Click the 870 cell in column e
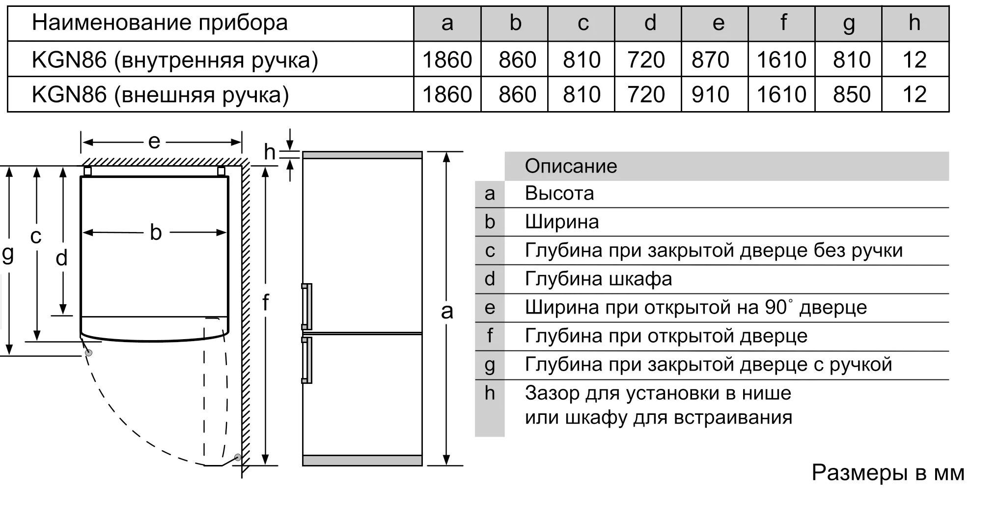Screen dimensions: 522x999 point(710,60)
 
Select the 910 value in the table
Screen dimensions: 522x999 point(710,94)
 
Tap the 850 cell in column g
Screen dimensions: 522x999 point(851,94)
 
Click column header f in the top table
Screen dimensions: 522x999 point(783,23)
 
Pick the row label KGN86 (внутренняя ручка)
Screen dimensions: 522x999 point(175,60)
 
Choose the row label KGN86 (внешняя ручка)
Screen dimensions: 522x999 point(160,94)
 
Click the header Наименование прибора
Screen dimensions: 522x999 point(160,23)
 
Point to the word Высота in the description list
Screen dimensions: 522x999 point(559,194)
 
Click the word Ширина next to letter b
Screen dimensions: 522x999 point(562,222)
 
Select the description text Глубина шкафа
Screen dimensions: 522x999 point(598,279)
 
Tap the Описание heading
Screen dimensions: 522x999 point(571,166)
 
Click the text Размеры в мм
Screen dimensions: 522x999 point(888,473)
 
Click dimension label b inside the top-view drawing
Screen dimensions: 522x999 point(155,232)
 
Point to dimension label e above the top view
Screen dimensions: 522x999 point(154,142)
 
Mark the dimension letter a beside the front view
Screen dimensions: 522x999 point(446,311)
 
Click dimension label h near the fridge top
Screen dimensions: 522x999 point(270,152)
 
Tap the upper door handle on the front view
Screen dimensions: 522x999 point(307,306)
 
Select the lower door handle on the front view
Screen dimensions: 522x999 point(307,360)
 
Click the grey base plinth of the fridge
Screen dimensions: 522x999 point(362,461)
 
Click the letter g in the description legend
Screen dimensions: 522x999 point(490,365)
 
